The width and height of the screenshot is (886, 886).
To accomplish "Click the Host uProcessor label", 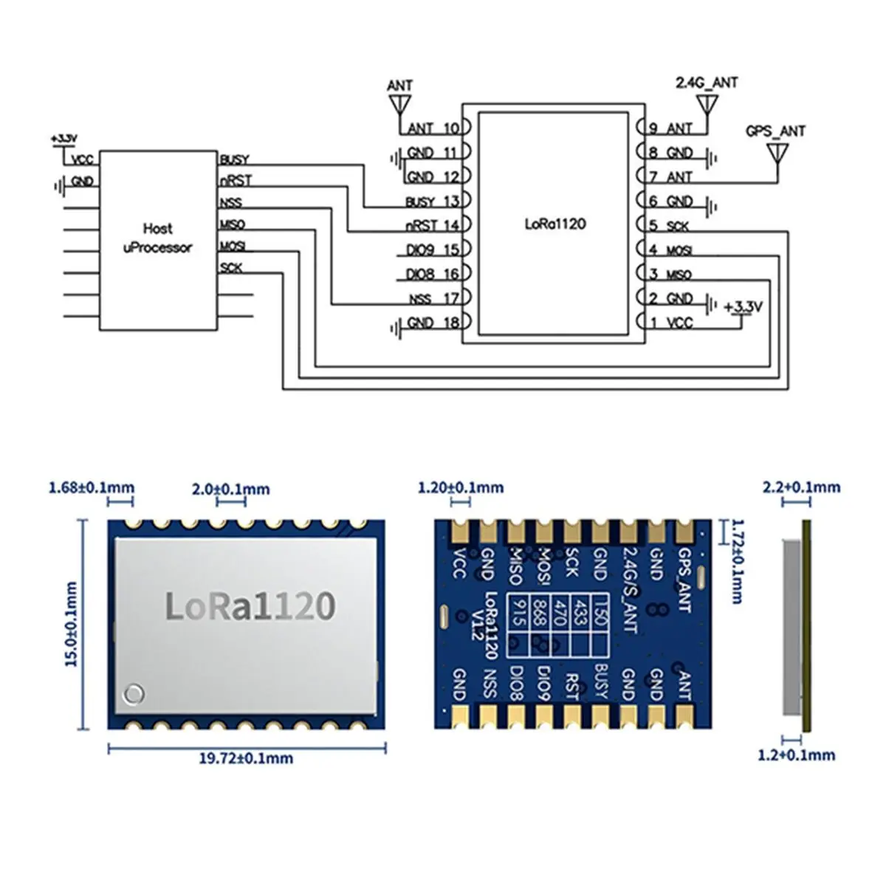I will point(157,238).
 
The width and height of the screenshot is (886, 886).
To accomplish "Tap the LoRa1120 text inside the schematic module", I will point(554,224).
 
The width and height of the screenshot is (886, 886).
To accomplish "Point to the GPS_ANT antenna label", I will point(775,131).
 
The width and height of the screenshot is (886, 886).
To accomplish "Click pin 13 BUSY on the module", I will point(433,202).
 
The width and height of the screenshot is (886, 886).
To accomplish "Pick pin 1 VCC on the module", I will point(670,323).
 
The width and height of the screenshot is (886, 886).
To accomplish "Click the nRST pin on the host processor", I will point(235,180).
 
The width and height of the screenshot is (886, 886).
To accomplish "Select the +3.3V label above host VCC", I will point(64,138).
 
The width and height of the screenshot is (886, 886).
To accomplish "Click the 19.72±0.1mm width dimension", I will point(247,758).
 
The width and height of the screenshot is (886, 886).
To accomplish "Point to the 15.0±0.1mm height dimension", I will point(72,624).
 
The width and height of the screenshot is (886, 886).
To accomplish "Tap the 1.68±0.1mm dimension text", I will point(91,487).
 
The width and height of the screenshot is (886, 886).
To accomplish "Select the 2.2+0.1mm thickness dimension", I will point(800,487).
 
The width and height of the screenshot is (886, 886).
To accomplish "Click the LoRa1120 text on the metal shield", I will point(250,605).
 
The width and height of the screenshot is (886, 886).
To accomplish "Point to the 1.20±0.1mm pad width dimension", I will point(461,487).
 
